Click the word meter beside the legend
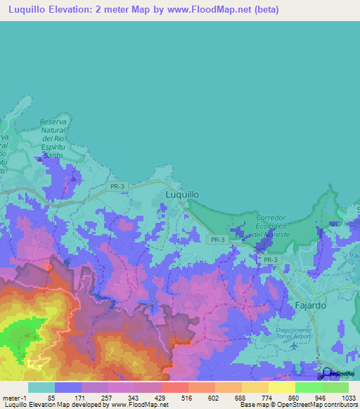pos(10,397)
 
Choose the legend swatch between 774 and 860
pos(281,387)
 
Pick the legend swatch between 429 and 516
pos(174,387)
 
